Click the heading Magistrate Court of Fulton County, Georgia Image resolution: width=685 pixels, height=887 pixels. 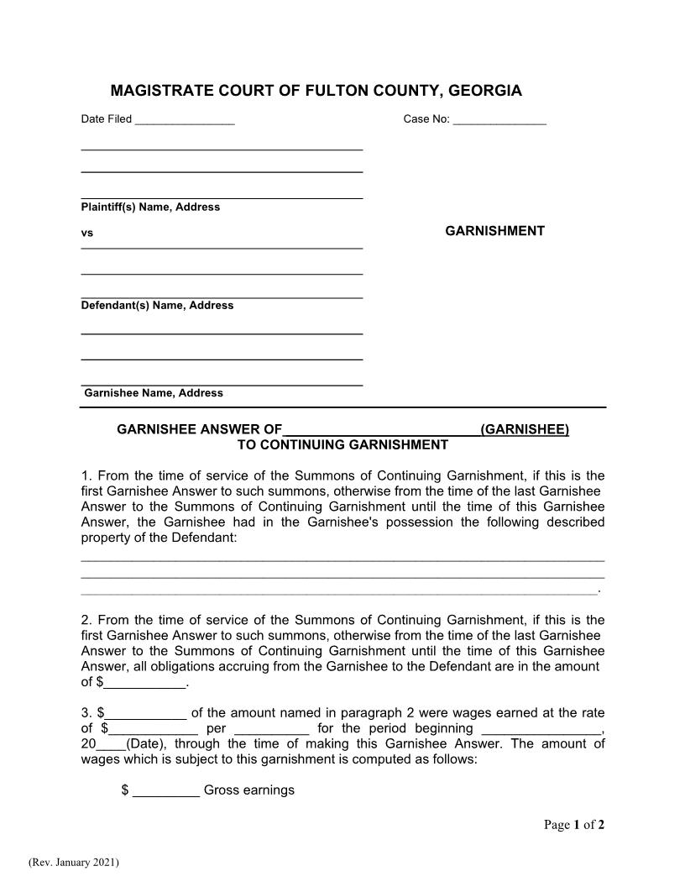pyautogui.click(x=316, y=91)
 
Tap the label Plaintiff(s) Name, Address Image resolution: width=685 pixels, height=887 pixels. pyautogui.click(x=150, y=207)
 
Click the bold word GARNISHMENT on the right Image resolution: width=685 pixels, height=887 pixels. pyautogui.click(x=494, y=231)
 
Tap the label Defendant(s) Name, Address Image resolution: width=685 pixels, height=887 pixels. pyautogui.click(x=157, y=306)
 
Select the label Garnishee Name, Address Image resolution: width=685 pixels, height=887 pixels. pyautogui.click(x=154, y=393)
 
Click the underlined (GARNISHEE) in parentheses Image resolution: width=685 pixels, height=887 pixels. pyautogui.click(x=525, y=430)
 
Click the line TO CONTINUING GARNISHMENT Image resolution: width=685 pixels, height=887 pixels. pyautogui.click(x=342, y=444)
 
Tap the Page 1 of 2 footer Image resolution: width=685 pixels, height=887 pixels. pyautogui.click(x=574, y=825)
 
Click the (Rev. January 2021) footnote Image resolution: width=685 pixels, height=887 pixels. pyautogui.click(x=74, y=863)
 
